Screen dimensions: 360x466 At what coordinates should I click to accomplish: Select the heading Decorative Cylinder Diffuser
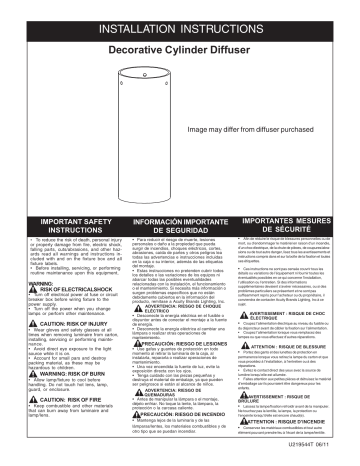(x=180, y=47)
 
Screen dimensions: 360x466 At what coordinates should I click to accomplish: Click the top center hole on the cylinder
(x=159, y=76)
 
